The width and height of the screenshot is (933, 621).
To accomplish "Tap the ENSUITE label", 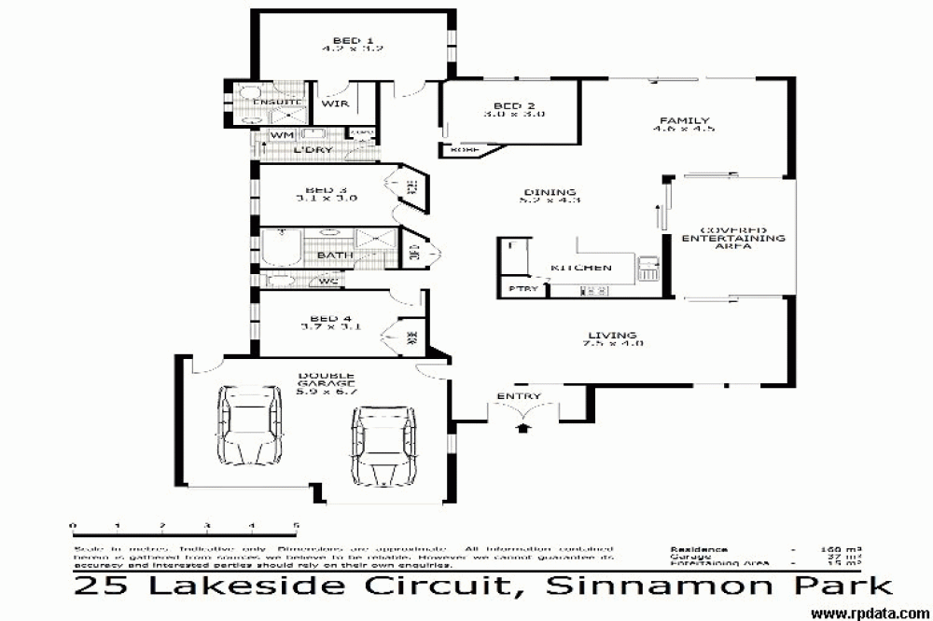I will tap(277, 101).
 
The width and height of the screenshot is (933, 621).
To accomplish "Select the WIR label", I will tap(337, 103).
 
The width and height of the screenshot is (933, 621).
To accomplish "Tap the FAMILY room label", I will tap(684, 121).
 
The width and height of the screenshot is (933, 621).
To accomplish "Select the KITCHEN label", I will tap(581, 268).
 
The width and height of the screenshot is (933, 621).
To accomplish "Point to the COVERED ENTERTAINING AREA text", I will tap(733, 239).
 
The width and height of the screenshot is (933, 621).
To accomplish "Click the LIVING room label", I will tap(611, 336).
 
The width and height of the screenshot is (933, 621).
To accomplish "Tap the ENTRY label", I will tap(519, 396).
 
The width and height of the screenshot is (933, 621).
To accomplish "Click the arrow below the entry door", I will tap(522, 427).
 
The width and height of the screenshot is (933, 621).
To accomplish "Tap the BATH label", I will tap(333, 255).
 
